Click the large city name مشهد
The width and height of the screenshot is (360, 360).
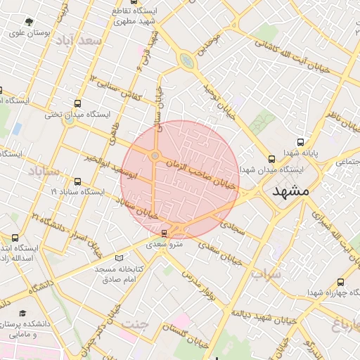(x=290, y=191)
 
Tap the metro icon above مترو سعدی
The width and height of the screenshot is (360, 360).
(x=165, y=233)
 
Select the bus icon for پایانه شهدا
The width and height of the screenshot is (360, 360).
(x=301, y=141)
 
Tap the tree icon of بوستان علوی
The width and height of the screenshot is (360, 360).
(x=28, y=22)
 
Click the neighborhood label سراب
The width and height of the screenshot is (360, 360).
(x=266, y=274)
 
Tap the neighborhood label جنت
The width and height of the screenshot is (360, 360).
(x=136, y=323)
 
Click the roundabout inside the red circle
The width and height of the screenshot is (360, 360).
(x=155, y=156)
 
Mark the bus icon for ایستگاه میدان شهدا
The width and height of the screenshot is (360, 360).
(x=271, y=159)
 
